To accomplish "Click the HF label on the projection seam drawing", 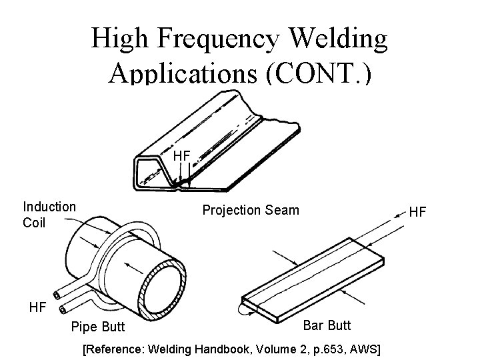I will click(182, 156).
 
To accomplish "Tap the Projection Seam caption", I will click(251, 211).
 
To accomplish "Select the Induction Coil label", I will click(49, 215).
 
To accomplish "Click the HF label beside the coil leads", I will click(39, 307).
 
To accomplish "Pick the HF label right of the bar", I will click(417, 212).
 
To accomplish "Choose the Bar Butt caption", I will click(327, 325).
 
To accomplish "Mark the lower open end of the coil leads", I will click(63, 309).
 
